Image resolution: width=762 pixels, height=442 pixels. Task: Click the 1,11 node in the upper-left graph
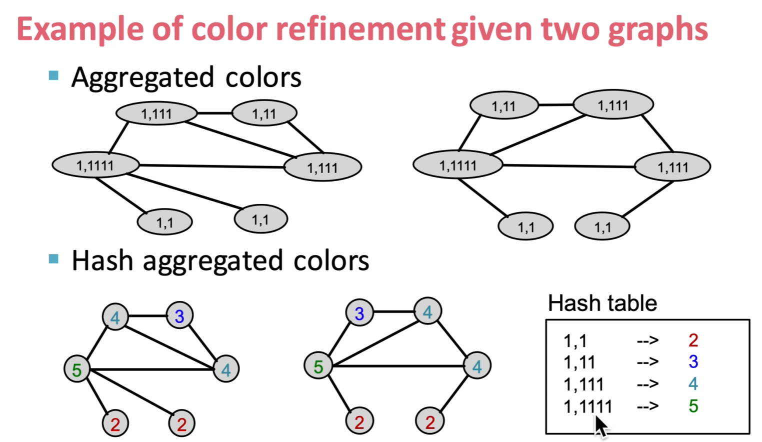point(264,113)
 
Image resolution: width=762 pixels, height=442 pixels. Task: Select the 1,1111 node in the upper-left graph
point(95,165)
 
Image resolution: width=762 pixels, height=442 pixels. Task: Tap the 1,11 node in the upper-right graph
point(504,105)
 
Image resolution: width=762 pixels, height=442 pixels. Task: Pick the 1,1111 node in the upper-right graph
point(458,165)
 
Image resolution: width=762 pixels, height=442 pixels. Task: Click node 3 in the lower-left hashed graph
point(179,315)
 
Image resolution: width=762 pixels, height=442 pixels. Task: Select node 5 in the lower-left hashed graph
point(77,369)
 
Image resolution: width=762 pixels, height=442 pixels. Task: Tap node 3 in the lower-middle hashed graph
point(359,313)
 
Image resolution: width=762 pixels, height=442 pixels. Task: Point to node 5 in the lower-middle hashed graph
point(318,366)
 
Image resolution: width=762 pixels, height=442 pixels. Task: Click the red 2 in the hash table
point(693,340)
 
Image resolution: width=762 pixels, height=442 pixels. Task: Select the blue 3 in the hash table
point(693,361)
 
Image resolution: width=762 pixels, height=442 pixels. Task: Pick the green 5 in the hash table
point(693,405)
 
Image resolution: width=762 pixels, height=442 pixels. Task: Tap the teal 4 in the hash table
point(693,383)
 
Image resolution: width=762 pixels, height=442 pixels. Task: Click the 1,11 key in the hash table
point(579,362)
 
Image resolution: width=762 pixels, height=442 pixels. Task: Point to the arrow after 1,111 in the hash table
point(647,384)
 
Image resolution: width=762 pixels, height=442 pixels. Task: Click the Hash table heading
point(602,303)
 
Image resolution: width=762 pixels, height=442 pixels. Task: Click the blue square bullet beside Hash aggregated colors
point(54,259)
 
